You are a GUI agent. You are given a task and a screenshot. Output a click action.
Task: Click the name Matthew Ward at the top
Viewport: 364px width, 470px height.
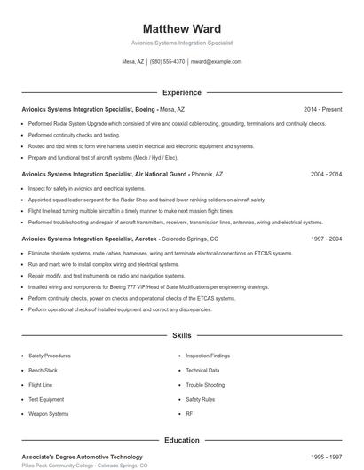click(x=182, y=28)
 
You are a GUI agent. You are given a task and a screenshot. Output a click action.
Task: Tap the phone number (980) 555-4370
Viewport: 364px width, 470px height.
click(x=167, y=62)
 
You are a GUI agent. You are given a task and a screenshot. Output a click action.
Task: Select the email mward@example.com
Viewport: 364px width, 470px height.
click(x=217, y=62)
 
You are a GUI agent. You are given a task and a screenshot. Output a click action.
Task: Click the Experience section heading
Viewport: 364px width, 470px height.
click(x=182, y=92)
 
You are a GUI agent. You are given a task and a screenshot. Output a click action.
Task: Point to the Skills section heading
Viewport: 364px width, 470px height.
click(x=182, y=336)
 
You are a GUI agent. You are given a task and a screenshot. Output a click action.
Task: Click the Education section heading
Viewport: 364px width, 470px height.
click(x=182, y=440)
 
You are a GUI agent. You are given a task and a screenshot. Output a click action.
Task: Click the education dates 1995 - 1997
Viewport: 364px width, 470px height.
click(x=326, y=456)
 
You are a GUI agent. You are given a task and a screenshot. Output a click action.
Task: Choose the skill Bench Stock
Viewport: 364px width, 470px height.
click(x=44, y=370)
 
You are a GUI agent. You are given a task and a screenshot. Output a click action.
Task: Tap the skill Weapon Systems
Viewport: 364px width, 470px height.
click(x=49, y=414)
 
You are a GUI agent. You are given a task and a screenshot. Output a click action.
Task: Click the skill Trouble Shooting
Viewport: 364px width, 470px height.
click(x=205, y=385)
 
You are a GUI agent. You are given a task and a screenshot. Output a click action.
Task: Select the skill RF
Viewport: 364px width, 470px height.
click(x=189, y=414)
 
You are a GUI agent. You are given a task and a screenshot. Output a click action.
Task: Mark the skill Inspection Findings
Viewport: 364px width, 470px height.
click(x=208, y=355)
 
